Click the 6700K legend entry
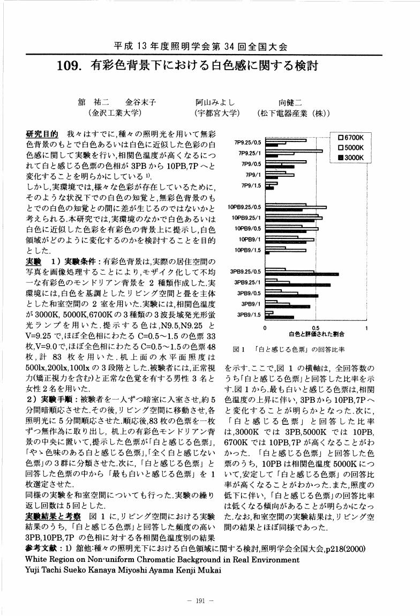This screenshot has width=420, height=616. pos(350,137)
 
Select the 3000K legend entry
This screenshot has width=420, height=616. pos(350,157)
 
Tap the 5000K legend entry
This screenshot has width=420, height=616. pos(350,147)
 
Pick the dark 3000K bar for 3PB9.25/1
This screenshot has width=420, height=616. pos(298,285)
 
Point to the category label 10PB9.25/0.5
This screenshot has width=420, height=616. pos(244,207)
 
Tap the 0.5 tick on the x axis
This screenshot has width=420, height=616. pos(316,327)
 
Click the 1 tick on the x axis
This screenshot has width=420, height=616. pos(366,327)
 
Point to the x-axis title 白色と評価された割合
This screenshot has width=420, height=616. pos(316,334)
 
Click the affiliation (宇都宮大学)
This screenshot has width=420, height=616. pos(217,114)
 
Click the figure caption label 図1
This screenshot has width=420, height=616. pos(239,349)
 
